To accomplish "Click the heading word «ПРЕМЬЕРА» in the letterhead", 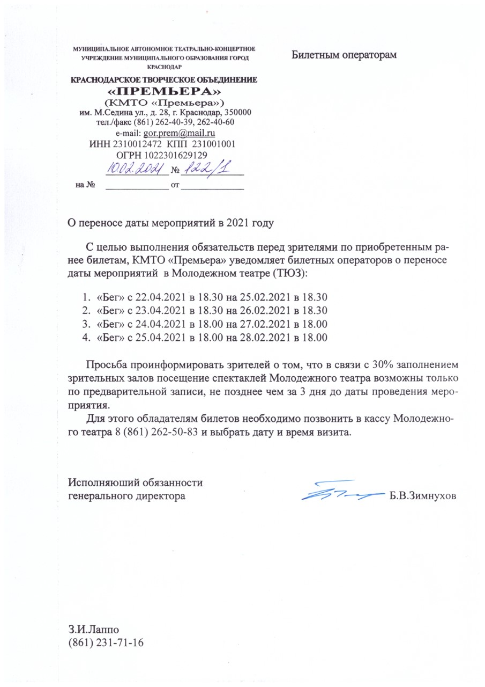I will click(165, 91).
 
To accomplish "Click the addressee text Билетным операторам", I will click(344, 55).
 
